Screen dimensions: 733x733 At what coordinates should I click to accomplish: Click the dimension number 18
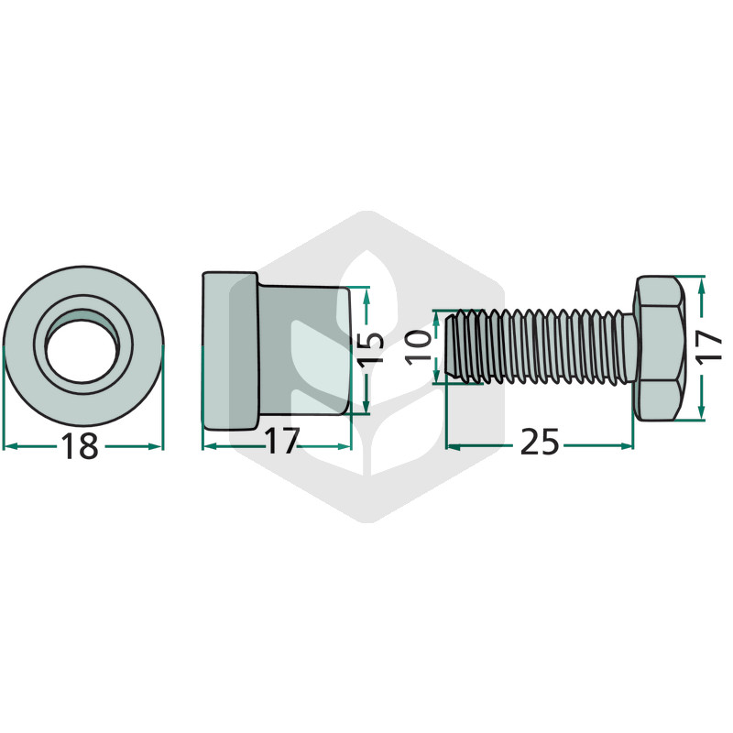(81, 445)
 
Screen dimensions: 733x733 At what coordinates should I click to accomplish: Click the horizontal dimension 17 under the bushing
(281, 441)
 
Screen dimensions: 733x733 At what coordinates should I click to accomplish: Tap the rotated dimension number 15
(373, 347)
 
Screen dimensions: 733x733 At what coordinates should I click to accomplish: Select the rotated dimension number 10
(418, 347)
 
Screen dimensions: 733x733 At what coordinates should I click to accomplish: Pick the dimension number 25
(540, 442)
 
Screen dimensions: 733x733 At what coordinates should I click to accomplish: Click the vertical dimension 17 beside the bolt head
(709, 345)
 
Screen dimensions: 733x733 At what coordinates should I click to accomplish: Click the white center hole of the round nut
(81, 352)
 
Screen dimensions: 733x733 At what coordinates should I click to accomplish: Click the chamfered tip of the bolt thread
(452, 346)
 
